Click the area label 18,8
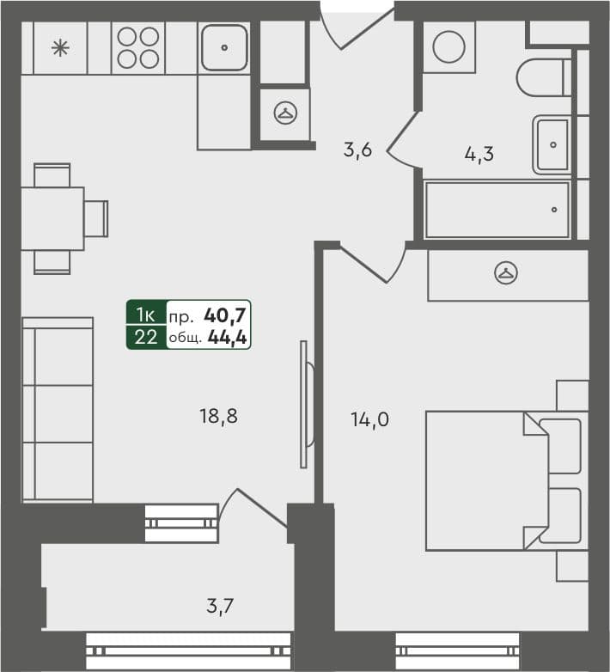[217, 418]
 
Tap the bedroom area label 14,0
[370, 420]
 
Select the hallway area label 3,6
[357, 151]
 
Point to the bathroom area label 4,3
[479, 156]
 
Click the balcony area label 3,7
[220, 608]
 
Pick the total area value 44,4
[228, 338]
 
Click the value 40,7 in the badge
[226, 315]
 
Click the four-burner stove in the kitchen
[138, 47]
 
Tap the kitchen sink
[224, 47]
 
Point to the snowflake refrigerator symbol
[60, 48]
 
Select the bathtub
[497, 210]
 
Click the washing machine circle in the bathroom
[448, 46]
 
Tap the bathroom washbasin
[551, 144]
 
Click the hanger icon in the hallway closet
[284, 112]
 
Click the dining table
[52, 218]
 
